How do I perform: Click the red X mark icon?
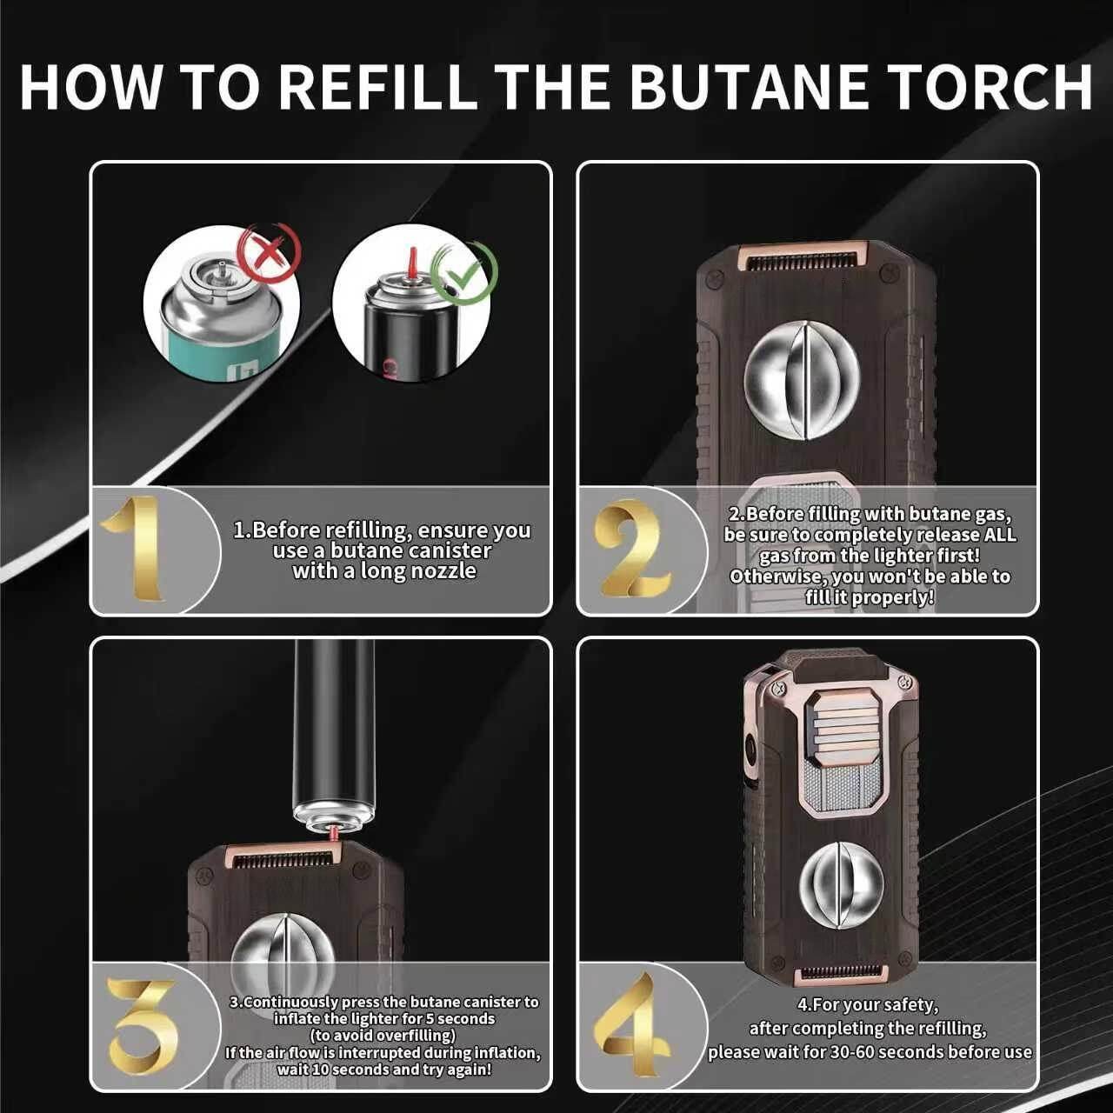point(270,252)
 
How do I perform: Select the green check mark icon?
point(464,273)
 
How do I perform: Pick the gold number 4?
point(633,1026)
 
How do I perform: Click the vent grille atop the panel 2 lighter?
point(803,259)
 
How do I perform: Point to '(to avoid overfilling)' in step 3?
point(383,1036)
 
